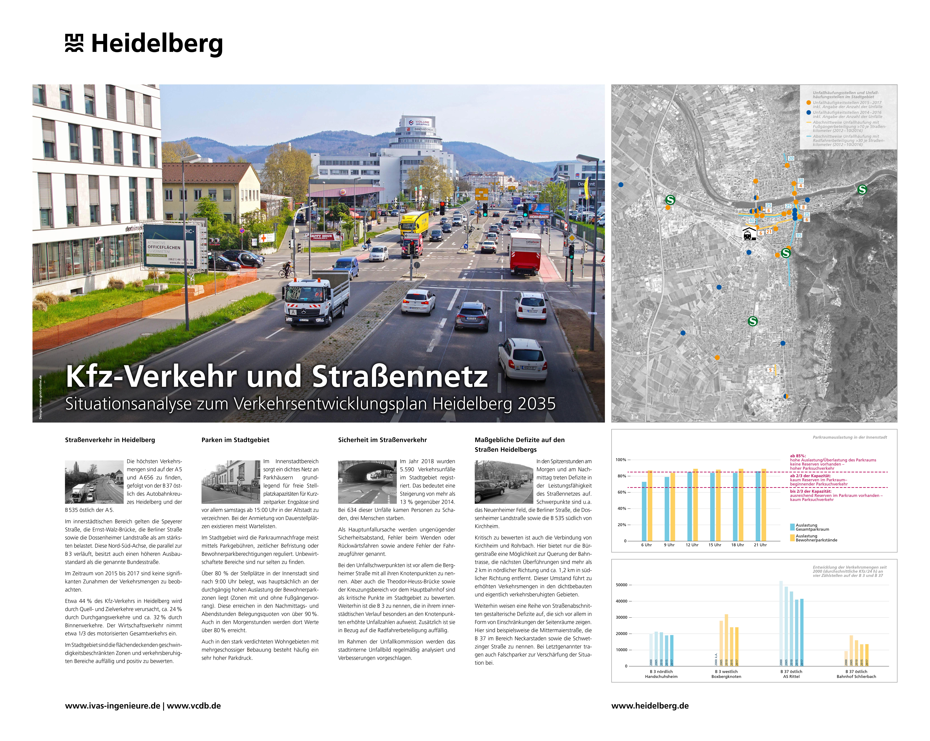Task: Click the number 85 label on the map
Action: coord(799,235)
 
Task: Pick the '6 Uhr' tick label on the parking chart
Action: coord(646,545)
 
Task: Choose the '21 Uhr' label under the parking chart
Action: coord(760,545)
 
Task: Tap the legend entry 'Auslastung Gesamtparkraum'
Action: coord(812,527)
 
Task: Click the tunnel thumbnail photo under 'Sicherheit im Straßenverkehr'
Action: coord(367,482)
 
